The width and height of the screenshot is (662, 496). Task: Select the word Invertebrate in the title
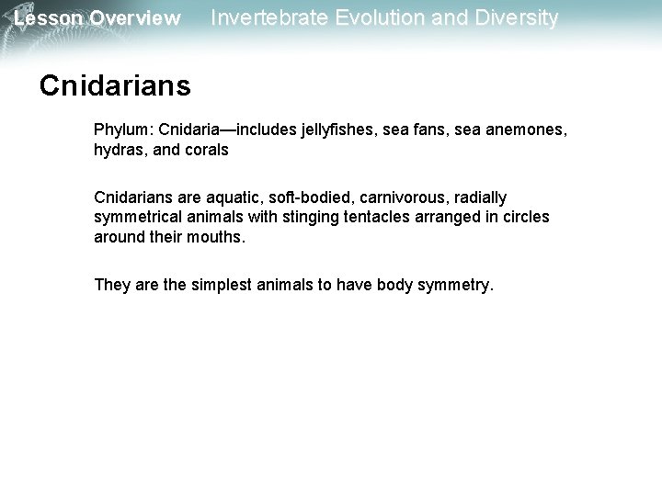[x=267, y=17]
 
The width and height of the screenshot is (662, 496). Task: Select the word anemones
[x=526, y=131]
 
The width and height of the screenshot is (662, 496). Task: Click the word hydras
[x=117, y=149]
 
